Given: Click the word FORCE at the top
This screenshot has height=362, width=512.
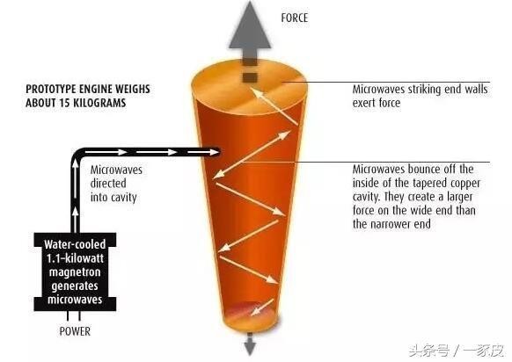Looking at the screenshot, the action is [x=294, y=18].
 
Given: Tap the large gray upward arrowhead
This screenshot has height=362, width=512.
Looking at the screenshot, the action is [x=250, y=26].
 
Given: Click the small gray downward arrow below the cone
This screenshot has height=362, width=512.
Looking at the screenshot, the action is [x=250, y=344].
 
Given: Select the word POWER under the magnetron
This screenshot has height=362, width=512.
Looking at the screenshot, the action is [x=75, y=331].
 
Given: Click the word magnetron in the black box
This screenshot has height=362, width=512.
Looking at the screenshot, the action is [x=75, y=272].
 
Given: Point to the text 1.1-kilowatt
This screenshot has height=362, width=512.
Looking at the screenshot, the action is [x=75, y=258].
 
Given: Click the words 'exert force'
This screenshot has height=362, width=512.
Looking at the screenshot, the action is [x=377, y=103].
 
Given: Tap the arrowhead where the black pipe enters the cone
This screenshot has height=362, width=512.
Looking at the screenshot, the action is [x=215, y=152].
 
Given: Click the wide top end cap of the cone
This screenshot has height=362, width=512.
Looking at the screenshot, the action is [x=249, y=86].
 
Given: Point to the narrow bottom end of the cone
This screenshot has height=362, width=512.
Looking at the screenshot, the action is [x=252, y=319].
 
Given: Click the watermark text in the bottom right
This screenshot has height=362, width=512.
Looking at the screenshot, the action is [x=457, y=351].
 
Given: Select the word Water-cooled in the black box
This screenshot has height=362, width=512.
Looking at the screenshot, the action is [x=75, y=244].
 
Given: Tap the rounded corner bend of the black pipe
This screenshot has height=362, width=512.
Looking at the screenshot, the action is [x=77, y=156].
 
